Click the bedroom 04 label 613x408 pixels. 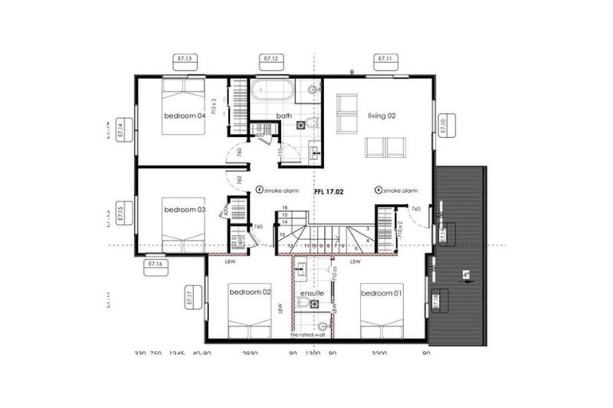point(185,116)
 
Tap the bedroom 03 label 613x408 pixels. point(185,210)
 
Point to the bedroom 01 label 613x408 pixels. point(382,293)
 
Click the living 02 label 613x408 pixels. point(382,116)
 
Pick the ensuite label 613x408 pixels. point(311,293)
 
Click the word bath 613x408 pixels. point(284,116)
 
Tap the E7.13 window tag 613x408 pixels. point(185,58)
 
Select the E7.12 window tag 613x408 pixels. point(271,58)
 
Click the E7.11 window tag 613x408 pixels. point(386,58)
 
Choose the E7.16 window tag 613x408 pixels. point(156,264)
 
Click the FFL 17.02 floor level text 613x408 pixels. point(330,191)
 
